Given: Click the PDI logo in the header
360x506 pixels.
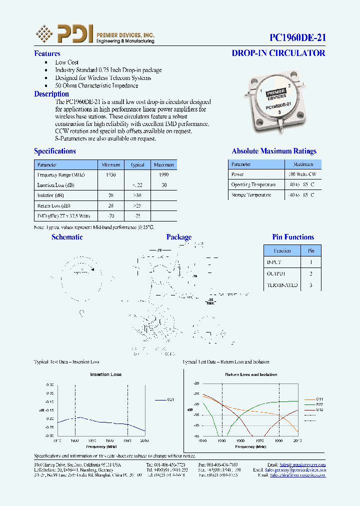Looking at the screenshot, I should (65, 34).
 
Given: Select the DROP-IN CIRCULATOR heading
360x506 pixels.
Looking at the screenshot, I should (278, 53).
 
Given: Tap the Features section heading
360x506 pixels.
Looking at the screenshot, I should (47, 53).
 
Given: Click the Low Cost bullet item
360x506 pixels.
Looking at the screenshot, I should (67, 62).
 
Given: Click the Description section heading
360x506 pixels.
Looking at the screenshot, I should (51, 94).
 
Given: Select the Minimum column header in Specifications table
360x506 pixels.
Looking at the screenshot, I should (111, 164).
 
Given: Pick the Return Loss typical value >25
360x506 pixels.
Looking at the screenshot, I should (137, 205).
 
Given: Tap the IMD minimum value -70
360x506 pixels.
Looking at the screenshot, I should (111, 216).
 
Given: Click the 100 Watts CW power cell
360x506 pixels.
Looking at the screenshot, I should (302, 174).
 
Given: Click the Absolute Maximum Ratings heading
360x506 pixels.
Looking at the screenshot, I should (274, 151).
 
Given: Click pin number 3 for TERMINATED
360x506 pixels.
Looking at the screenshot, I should (311, 285).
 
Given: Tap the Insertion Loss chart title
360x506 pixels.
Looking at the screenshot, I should (105, 374).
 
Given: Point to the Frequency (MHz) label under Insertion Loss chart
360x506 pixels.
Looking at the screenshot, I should (101, 446).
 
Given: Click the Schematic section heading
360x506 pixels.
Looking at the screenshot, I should (67, 237).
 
